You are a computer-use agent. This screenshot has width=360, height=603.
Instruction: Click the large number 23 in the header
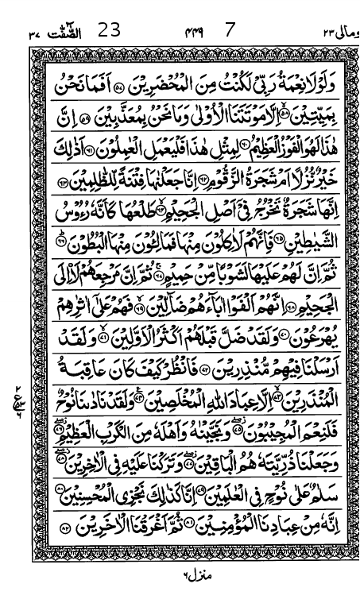coord(110,31)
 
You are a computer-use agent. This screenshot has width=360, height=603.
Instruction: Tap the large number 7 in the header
coord(230,31)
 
